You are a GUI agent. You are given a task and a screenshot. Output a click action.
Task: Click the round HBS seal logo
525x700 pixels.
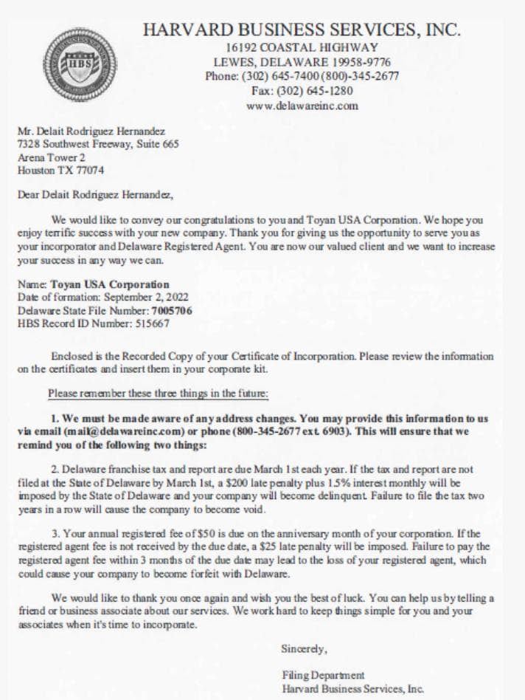coord(78,64)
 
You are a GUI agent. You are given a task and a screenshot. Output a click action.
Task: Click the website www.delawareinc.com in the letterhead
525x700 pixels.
coord(302,106)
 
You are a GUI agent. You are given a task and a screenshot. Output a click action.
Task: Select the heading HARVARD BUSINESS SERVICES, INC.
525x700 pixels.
coord(302,30)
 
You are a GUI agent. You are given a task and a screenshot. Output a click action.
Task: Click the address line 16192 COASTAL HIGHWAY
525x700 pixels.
coord(302,47)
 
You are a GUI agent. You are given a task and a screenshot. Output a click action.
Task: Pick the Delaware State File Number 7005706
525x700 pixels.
coord(172,311)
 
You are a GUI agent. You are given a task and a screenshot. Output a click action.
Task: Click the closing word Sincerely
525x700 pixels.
coord(304,649)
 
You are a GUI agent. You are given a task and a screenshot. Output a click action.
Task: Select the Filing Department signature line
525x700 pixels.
coord(323,675)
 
